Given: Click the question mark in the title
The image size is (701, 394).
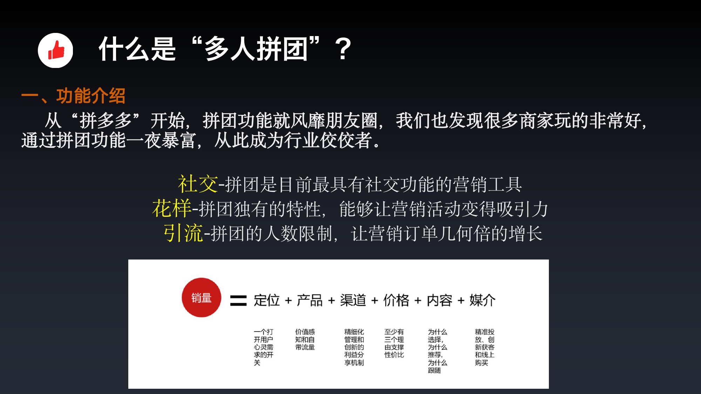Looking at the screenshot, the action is [x=343, y=49].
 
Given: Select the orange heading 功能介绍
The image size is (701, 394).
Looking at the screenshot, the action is [x=91, y=96].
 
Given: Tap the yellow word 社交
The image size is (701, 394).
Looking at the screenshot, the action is [x=198, y=184].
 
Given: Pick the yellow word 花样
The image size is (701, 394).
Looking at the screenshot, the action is [x=172, y=208].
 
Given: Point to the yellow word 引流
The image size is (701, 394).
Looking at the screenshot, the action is [x=183, y=233].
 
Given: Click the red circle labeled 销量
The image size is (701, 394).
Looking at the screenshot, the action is [x=201, y=298].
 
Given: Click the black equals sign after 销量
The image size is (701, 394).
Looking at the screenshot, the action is [x=238, y=300].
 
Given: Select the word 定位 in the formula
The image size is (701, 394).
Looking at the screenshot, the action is [x=267, y=300].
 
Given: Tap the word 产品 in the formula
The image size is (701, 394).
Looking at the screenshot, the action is [x=309, y=300].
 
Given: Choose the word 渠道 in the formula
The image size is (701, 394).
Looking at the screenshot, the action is [x=353, y=300].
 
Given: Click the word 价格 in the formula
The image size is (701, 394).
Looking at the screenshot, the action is [x=396, y=300].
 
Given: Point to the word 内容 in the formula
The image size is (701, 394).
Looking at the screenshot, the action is [x=439, y=300].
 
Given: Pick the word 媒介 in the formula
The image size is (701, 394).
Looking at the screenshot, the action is [x=482, y=300].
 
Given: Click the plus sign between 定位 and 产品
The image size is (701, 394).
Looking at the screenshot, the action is [x=288, y=300].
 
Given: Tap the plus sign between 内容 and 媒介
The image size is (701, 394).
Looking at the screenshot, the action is [x=461, y=300].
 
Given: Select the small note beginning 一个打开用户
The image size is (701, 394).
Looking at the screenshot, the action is [x=264, y=347].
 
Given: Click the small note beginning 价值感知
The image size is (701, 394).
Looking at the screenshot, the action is [x=305, y=339].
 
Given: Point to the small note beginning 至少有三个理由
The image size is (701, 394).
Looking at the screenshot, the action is [x=394, y=343].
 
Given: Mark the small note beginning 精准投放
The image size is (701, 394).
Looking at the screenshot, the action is [x=485, y=347].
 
